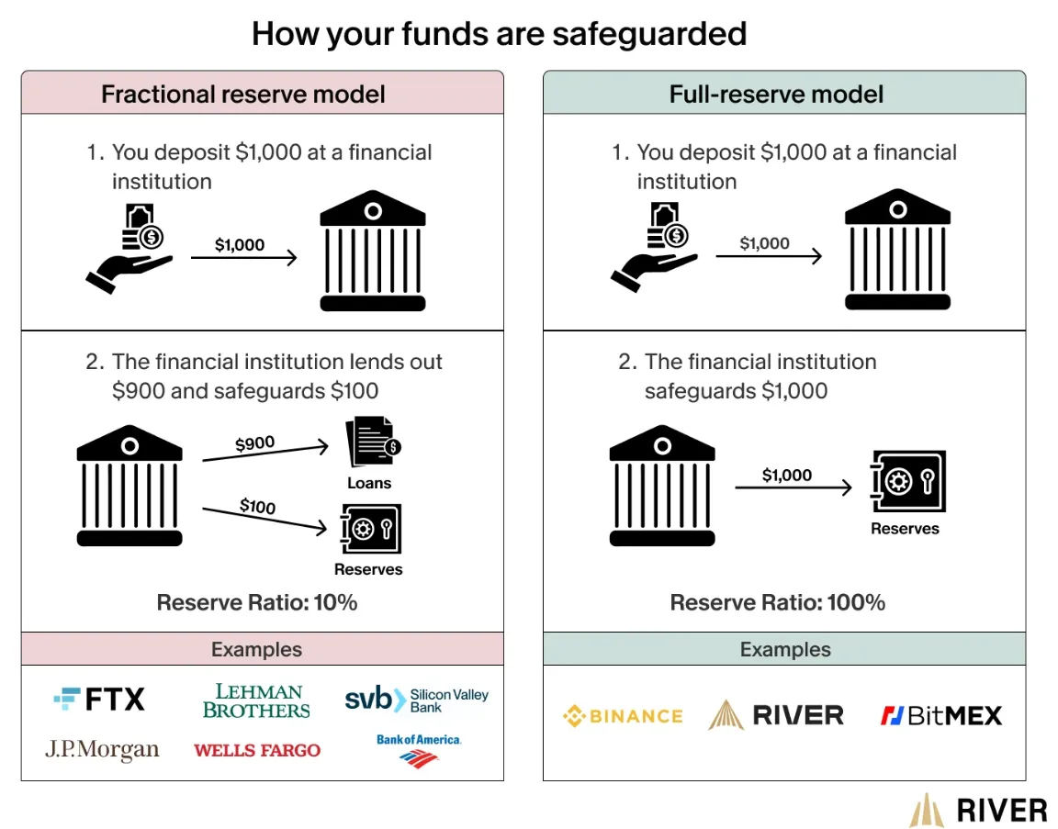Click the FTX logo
99,699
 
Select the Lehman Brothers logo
256,700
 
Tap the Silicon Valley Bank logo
416,700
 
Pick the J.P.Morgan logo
102,749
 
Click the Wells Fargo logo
257,750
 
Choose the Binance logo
623,716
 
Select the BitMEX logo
941,715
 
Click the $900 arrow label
255,443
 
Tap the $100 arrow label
258,506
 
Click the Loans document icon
373,442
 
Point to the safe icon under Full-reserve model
908,482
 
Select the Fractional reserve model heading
242,94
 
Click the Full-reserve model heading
776,94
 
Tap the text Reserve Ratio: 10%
257,602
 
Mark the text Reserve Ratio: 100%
777,602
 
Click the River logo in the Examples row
776,715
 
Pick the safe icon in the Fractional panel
370,528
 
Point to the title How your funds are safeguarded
500,34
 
